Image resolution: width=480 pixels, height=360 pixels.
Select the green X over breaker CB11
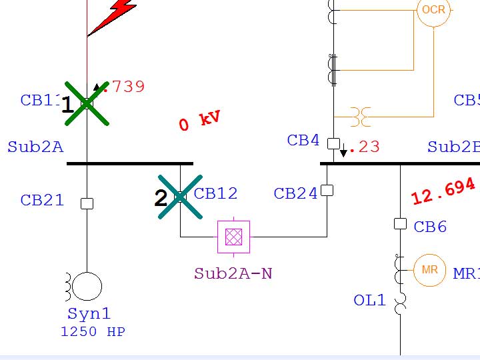click(x=87, y=103)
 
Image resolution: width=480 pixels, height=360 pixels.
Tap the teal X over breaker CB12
click(x=180, y=197)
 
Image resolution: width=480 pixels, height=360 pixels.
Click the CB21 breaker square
click(x=87, y=203)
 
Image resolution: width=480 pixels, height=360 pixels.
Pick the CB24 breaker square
click(x=327, y=191)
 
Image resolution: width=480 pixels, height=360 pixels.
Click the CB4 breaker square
click(x=334, y=143)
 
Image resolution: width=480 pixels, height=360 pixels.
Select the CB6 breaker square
click(x=400, y=224)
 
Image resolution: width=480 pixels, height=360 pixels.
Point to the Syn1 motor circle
click(x=87, y=287)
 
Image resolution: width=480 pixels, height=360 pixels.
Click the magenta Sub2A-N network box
click(x=233, y=237)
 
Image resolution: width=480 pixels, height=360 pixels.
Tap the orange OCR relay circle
click(x=433, y=11)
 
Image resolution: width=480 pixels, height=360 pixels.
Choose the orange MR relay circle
click(x=429, y=270)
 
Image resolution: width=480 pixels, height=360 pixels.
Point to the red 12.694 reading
click(x=443, y=192)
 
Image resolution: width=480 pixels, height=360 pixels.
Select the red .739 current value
click(x=124, y=87)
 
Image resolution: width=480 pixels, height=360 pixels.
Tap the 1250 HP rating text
click(x=93, y=331)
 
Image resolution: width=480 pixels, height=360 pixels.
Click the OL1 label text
click(x=369, y=300)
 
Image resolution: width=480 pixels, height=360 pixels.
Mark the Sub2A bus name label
click(x=35, y=147)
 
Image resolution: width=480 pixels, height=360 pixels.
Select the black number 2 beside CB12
click(x=161, y=199)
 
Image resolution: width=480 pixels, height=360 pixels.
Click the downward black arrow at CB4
click(x=343, y=152)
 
